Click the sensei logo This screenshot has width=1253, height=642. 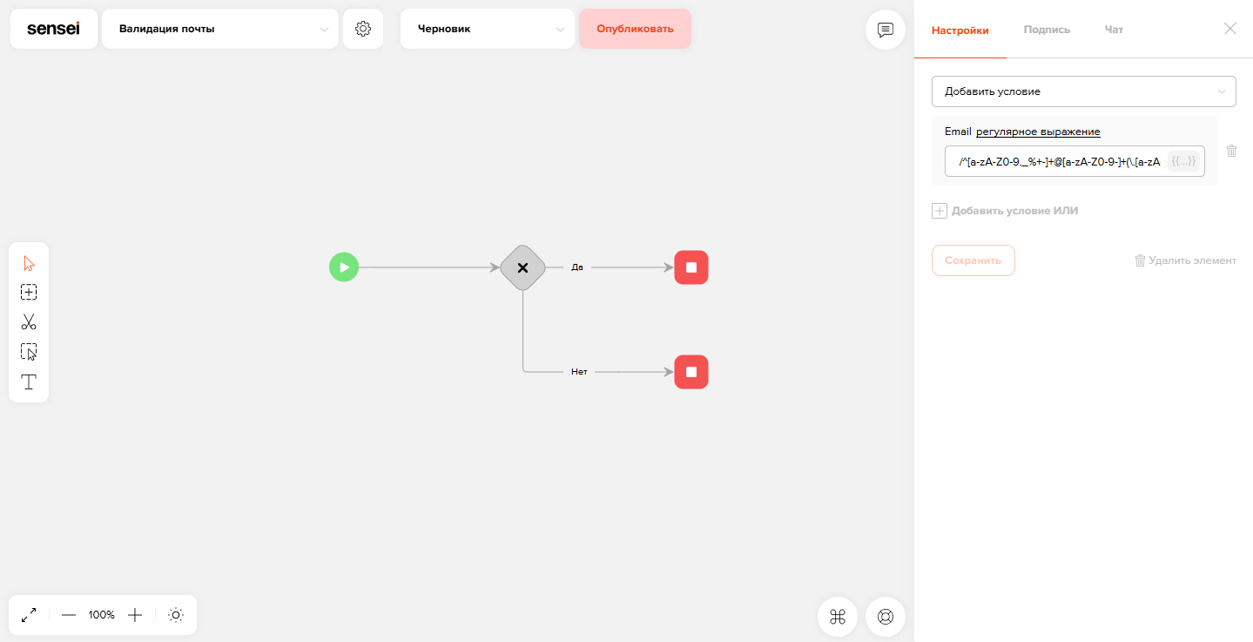(x=54, y=29)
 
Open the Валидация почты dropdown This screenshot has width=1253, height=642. (x=219, y=29)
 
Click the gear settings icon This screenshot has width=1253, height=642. (x=363, y=29)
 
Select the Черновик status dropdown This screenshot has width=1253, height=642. (x=488, y=29)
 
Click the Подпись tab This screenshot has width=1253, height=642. (x=1047, y=30)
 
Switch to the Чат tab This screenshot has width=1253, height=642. (x=1114, y=30)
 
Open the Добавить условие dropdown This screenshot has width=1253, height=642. (x=1083, y=91)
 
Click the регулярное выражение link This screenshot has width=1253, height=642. (x=1038, y=132)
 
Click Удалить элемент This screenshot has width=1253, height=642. (x=1185, y=260)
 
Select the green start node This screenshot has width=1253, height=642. (x=343, y=267)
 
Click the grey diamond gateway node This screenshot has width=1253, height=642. (x=522, y=267)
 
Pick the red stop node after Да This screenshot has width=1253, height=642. (x=690, y=267)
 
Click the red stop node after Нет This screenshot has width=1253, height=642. (x=690, y=372)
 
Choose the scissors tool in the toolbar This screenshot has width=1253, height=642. (x=29, y=321)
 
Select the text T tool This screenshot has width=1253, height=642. (x=29, y=382)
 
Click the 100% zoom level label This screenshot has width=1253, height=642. (x=101, y=615)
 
